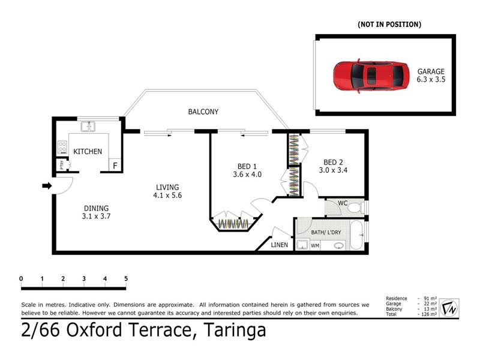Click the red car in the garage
click(371, 76)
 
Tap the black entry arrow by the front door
click(47, 185)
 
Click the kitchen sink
click(88, 127)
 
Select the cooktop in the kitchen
click(62, 147)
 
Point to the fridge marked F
click(115, 166)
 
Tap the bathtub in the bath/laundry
click(356, 235)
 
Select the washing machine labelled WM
click(315, 245)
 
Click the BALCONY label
click(203, 112)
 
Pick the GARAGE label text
click(431, 71)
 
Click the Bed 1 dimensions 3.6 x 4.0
click(247, 175)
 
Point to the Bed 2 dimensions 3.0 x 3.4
click(333, 170)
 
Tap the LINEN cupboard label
click(280, 245)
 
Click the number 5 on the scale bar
click(126, 278)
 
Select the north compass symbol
click(449, 308)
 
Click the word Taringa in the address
click(235, 331)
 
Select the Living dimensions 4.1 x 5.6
click(167, 196)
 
